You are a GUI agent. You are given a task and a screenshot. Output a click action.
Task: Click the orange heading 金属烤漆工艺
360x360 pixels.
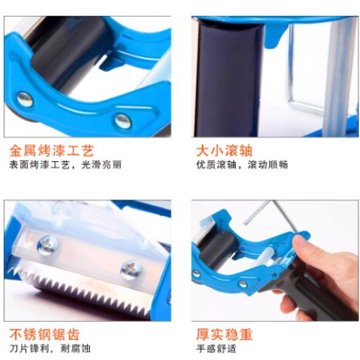click(52, 150)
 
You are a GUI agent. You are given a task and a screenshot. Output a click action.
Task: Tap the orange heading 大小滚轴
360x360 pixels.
click(225, 150)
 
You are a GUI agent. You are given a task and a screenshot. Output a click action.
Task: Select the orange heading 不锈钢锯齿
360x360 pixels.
click(45, 334)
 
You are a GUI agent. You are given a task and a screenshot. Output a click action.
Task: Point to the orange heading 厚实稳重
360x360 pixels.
click(225, 334)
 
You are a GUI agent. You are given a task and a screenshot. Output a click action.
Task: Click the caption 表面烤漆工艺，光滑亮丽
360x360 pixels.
click(66, 165)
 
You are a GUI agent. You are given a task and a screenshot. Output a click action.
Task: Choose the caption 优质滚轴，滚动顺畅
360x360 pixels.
click(242, 165)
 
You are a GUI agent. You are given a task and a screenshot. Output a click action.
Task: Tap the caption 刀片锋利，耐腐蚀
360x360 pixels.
click(50, 348)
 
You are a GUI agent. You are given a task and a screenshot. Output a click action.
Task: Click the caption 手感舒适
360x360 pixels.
click(216, 348)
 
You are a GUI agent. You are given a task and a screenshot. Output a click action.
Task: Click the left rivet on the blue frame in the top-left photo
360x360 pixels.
click(25, 99)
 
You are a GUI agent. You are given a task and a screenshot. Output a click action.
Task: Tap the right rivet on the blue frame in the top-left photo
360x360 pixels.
click(123, 121)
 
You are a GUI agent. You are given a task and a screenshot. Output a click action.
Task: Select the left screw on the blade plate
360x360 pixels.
click(48, 245)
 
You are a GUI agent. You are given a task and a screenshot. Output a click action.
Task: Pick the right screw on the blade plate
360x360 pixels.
click(131, 271)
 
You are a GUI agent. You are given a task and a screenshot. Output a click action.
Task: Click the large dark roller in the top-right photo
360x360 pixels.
click(228, 79)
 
